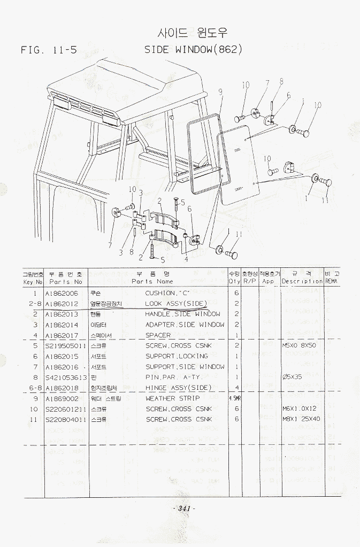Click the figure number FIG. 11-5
tap(49, 50)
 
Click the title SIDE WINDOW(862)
tap(194, 50)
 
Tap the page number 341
tap(185, 508)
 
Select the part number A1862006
tap(62, 294)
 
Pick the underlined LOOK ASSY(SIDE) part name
tap(176, 304)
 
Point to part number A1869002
tap(62, 398)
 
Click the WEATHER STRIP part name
tap(173, 398)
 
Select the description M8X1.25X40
tap(301, 419)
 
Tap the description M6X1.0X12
tap(301, 409)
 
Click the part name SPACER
tap(158, 335)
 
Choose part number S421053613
tap(66, 377)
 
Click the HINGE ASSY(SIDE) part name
tap(179, 388)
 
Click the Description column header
tap(302, 281)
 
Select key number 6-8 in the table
tap(35, 388)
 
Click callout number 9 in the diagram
tap(220, 92)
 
